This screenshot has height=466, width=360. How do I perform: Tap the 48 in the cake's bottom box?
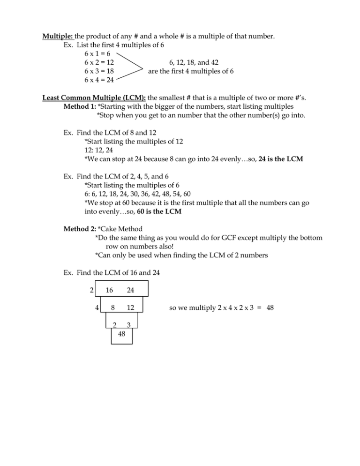pos(121,335)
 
